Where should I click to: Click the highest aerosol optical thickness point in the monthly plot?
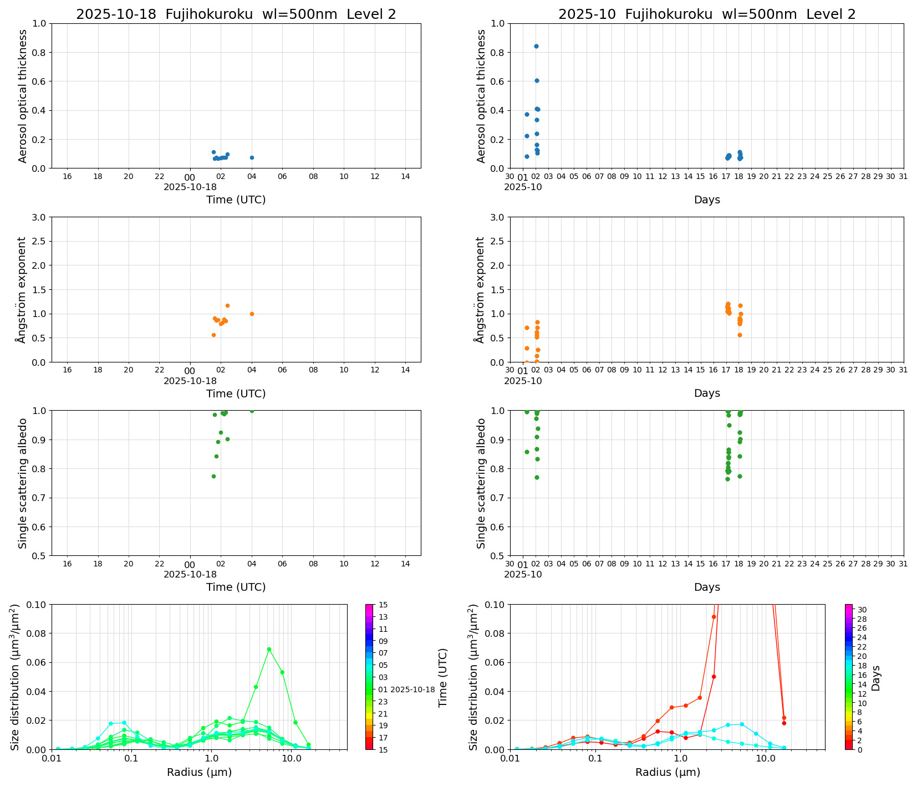(x=536, y=46)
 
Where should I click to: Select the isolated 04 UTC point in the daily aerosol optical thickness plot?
(x=252, y=157)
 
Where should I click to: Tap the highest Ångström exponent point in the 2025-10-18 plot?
(x=227, y=305)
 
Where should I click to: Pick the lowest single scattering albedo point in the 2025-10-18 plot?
(x=213, y=476)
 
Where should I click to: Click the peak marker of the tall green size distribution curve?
(x=269, y=649)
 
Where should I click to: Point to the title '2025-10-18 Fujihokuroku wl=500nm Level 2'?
(x=236, y=14)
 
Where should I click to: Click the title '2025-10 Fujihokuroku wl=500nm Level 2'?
(x=707, y=14)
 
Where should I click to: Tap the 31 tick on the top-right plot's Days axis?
(x=903, y=176)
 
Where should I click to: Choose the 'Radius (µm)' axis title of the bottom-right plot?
(x=668, y=772)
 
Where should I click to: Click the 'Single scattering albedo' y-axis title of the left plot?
(x=23, y=483)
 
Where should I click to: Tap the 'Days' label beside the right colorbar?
(x=876, y=677)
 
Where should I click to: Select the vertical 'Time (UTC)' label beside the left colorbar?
(x=442, y=677)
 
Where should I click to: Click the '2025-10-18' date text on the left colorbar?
(x=412, y=689)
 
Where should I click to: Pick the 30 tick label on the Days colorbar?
(x=862, y=610)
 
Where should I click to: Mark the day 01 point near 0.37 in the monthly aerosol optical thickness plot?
(x=527, y=114)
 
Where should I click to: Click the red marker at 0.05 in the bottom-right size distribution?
(x=714, y=676)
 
